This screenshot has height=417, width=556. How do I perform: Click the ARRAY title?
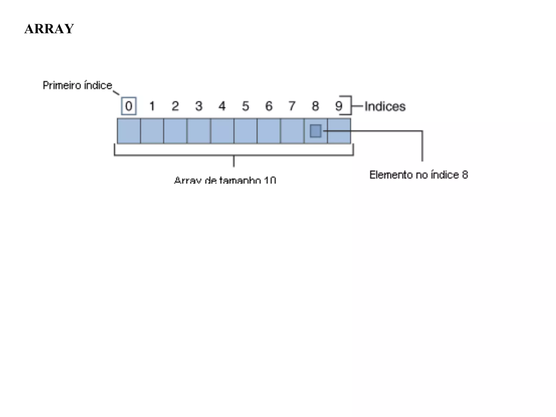(49, 29)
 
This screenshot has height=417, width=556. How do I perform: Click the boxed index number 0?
(129, 106)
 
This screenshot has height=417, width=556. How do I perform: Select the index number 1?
(152, 106)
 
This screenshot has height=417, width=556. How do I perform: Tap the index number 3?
(199, 106)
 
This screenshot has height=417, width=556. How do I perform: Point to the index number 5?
(245, 106)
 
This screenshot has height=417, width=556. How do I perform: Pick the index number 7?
(292, 106)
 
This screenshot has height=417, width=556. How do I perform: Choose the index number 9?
(339, 106)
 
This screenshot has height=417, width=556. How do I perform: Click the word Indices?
(385, 106)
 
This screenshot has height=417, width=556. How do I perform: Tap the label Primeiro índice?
(77, 86)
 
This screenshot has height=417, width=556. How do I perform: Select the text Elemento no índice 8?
(419, 175)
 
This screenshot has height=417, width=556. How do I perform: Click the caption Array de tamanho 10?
(225, 180)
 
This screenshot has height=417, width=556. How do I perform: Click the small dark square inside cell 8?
(315, 131)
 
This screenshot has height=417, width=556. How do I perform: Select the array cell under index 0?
(129, 131)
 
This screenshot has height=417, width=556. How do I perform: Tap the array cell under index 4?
(222, 131)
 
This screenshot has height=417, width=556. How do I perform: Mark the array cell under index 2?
(175, 131)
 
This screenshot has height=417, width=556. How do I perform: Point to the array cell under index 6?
(269, 131)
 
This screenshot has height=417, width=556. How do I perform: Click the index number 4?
(222, 106)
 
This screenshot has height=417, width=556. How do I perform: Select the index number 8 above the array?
(315, 106)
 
